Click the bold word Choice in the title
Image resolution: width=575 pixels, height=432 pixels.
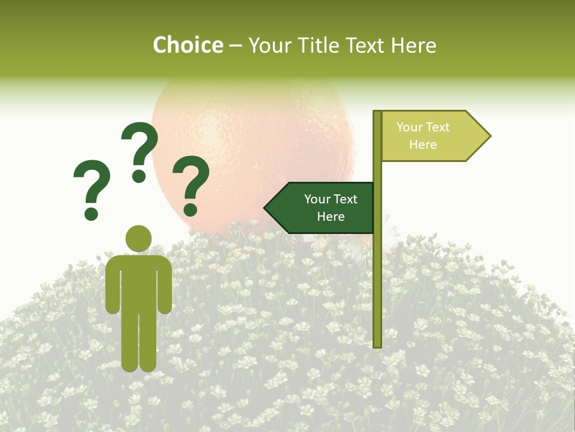[x=187, y=45]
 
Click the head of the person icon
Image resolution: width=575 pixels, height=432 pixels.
[x=138, y=239]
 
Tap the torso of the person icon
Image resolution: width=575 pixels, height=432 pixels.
[x=138, y=282]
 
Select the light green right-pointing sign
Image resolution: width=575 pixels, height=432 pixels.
[x=431, y=136]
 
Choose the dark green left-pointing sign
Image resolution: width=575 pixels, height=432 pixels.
[x=323, y=208]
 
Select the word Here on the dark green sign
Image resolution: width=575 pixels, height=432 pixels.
[x=331, y=217]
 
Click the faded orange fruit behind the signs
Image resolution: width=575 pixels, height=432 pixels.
[x=252, y=138]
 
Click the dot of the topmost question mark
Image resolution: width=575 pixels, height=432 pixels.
[x=139, y=176]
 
